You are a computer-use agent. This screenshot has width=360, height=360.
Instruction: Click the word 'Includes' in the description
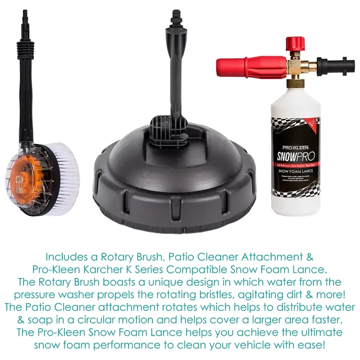pyautogui.click(x=64, y=256)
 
